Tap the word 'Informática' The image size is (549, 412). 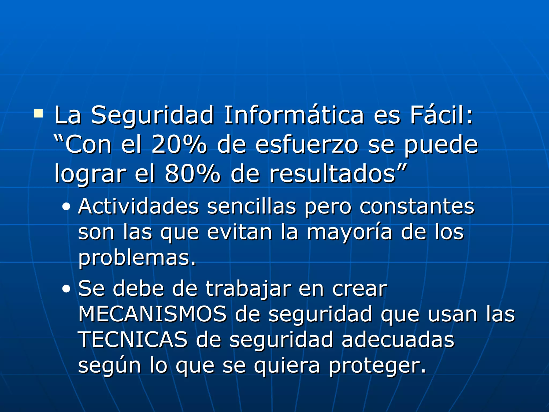coord(294,115)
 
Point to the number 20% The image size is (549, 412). coord(179,145)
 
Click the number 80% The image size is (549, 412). coord(192,174)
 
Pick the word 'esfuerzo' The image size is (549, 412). coord(307,145)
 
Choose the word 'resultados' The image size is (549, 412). coord(333,174)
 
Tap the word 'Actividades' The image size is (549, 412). coord(138,207)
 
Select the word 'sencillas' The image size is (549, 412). coord(251,207)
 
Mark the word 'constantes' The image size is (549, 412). coord(417,207)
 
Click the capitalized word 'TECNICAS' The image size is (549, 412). coord(133,340)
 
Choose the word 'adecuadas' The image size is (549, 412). coord(398,340)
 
